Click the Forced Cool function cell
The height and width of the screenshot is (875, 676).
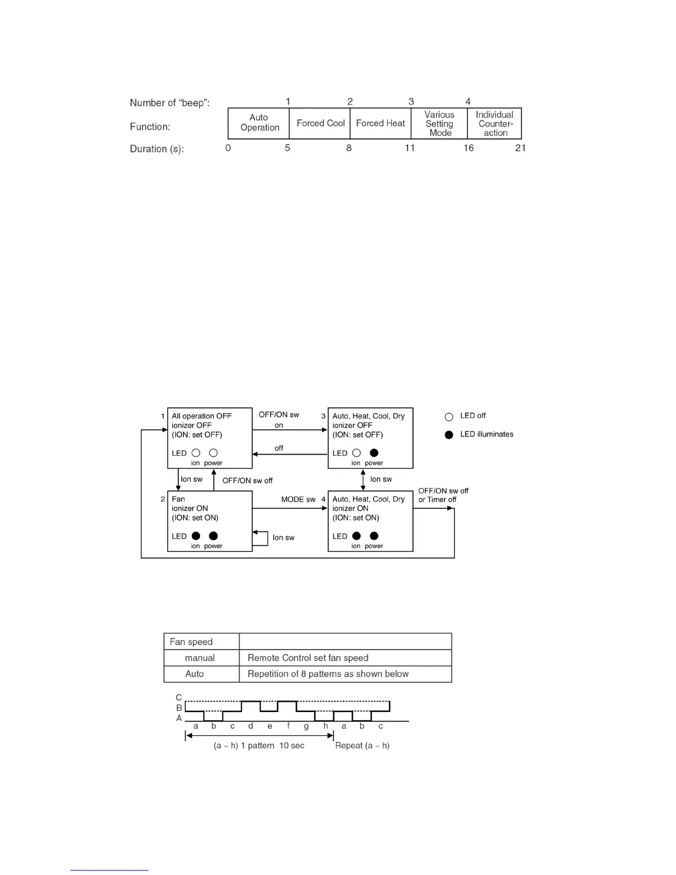320,123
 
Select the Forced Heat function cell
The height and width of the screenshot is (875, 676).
381,123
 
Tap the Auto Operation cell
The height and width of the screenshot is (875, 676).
259,123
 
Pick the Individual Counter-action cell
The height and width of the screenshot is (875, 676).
495,124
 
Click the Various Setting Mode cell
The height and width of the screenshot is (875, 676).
440,124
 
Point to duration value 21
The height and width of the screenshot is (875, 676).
520,148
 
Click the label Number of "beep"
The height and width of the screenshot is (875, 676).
170,103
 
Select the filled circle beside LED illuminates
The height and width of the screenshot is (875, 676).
449,435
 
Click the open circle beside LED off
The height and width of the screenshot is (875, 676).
449,417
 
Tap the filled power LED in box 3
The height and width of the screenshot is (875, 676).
374,453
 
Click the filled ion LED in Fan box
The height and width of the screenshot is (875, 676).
196,536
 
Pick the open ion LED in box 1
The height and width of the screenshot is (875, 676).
196,453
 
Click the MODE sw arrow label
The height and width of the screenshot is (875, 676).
298,499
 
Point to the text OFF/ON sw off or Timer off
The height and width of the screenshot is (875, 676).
443,495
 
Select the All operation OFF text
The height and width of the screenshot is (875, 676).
202,416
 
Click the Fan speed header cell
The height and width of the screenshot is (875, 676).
191,642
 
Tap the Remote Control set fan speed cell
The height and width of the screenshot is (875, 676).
308,658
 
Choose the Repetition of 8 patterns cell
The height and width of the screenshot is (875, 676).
328,674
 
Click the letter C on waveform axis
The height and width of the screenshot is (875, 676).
179,698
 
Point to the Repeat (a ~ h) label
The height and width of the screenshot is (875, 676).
362,746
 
